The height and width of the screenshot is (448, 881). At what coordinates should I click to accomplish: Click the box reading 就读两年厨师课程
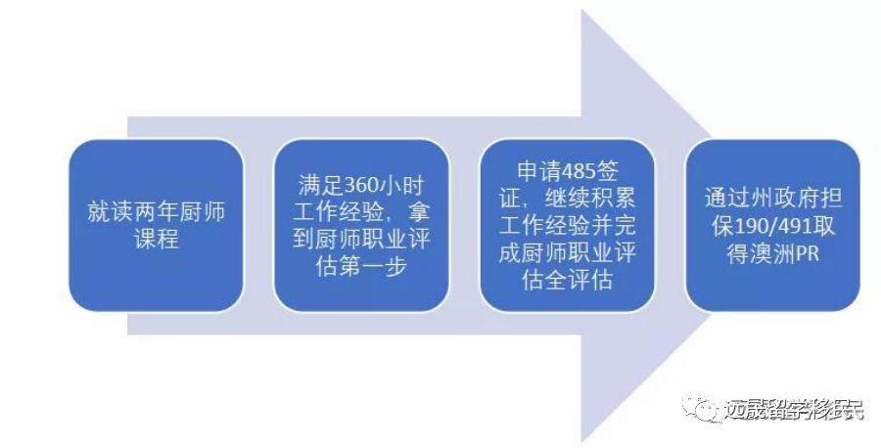pos(157,225)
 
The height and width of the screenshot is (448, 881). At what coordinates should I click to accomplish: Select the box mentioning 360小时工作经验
pos(361,225)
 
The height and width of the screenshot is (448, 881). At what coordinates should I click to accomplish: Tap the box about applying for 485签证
pos(567,225)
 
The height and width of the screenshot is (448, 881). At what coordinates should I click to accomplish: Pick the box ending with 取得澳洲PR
pos(772,225)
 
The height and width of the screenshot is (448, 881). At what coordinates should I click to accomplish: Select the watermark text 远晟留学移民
pos(795,409)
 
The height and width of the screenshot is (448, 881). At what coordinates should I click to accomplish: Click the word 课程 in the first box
pos(157,239)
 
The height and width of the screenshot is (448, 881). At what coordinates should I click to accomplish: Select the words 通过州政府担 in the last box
pos(772,198)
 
